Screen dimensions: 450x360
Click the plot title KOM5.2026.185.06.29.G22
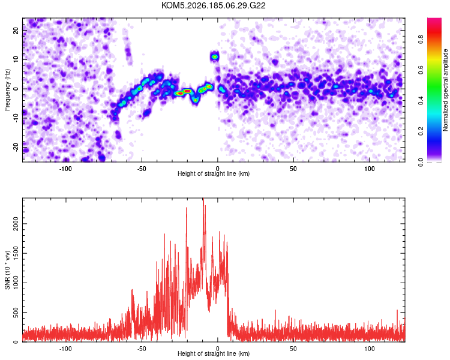point(213,5)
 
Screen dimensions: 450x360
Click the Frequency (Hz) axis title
point(7,90)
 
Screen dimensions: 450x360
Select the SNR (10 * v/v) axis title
point(7,270)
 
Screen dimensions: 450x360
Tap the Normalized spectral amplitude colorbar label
point(445,89)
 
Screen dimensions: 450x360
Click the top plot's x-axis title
point(214,173)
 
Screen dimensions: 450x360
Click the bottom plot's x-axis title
point(214,353)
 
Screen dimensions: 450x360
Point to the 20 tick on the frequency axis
point(16,30)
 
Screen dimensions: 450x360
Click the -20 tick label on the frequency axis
point(16,147)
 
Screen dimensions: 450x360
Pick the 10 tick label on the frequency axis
point(16,59)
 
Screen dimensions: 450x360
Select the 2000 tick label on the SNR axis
point(16,224)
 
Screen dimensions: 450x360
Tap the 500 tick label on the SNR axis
point(16,313)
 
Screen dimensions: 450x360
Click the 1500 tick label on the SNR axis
point(16,253)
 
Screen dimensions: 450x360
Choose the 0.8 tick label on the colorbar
point(421,39)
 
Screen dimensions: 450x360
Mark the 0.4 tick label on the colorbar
point(421,100)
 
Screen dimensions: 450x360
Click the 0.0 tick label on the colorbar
point(421,162)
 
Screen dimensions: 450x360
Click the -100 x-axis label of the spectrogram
point(65,169)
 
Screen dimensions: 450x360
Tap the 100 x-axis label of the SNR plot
point(370,349)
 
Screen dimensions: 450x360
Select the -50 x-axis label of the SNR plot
point(142,349)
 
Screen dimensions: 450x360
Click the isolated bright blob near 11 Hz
point(214,57)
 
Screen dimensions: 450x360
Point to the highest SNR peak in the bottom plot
point(203,199)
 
